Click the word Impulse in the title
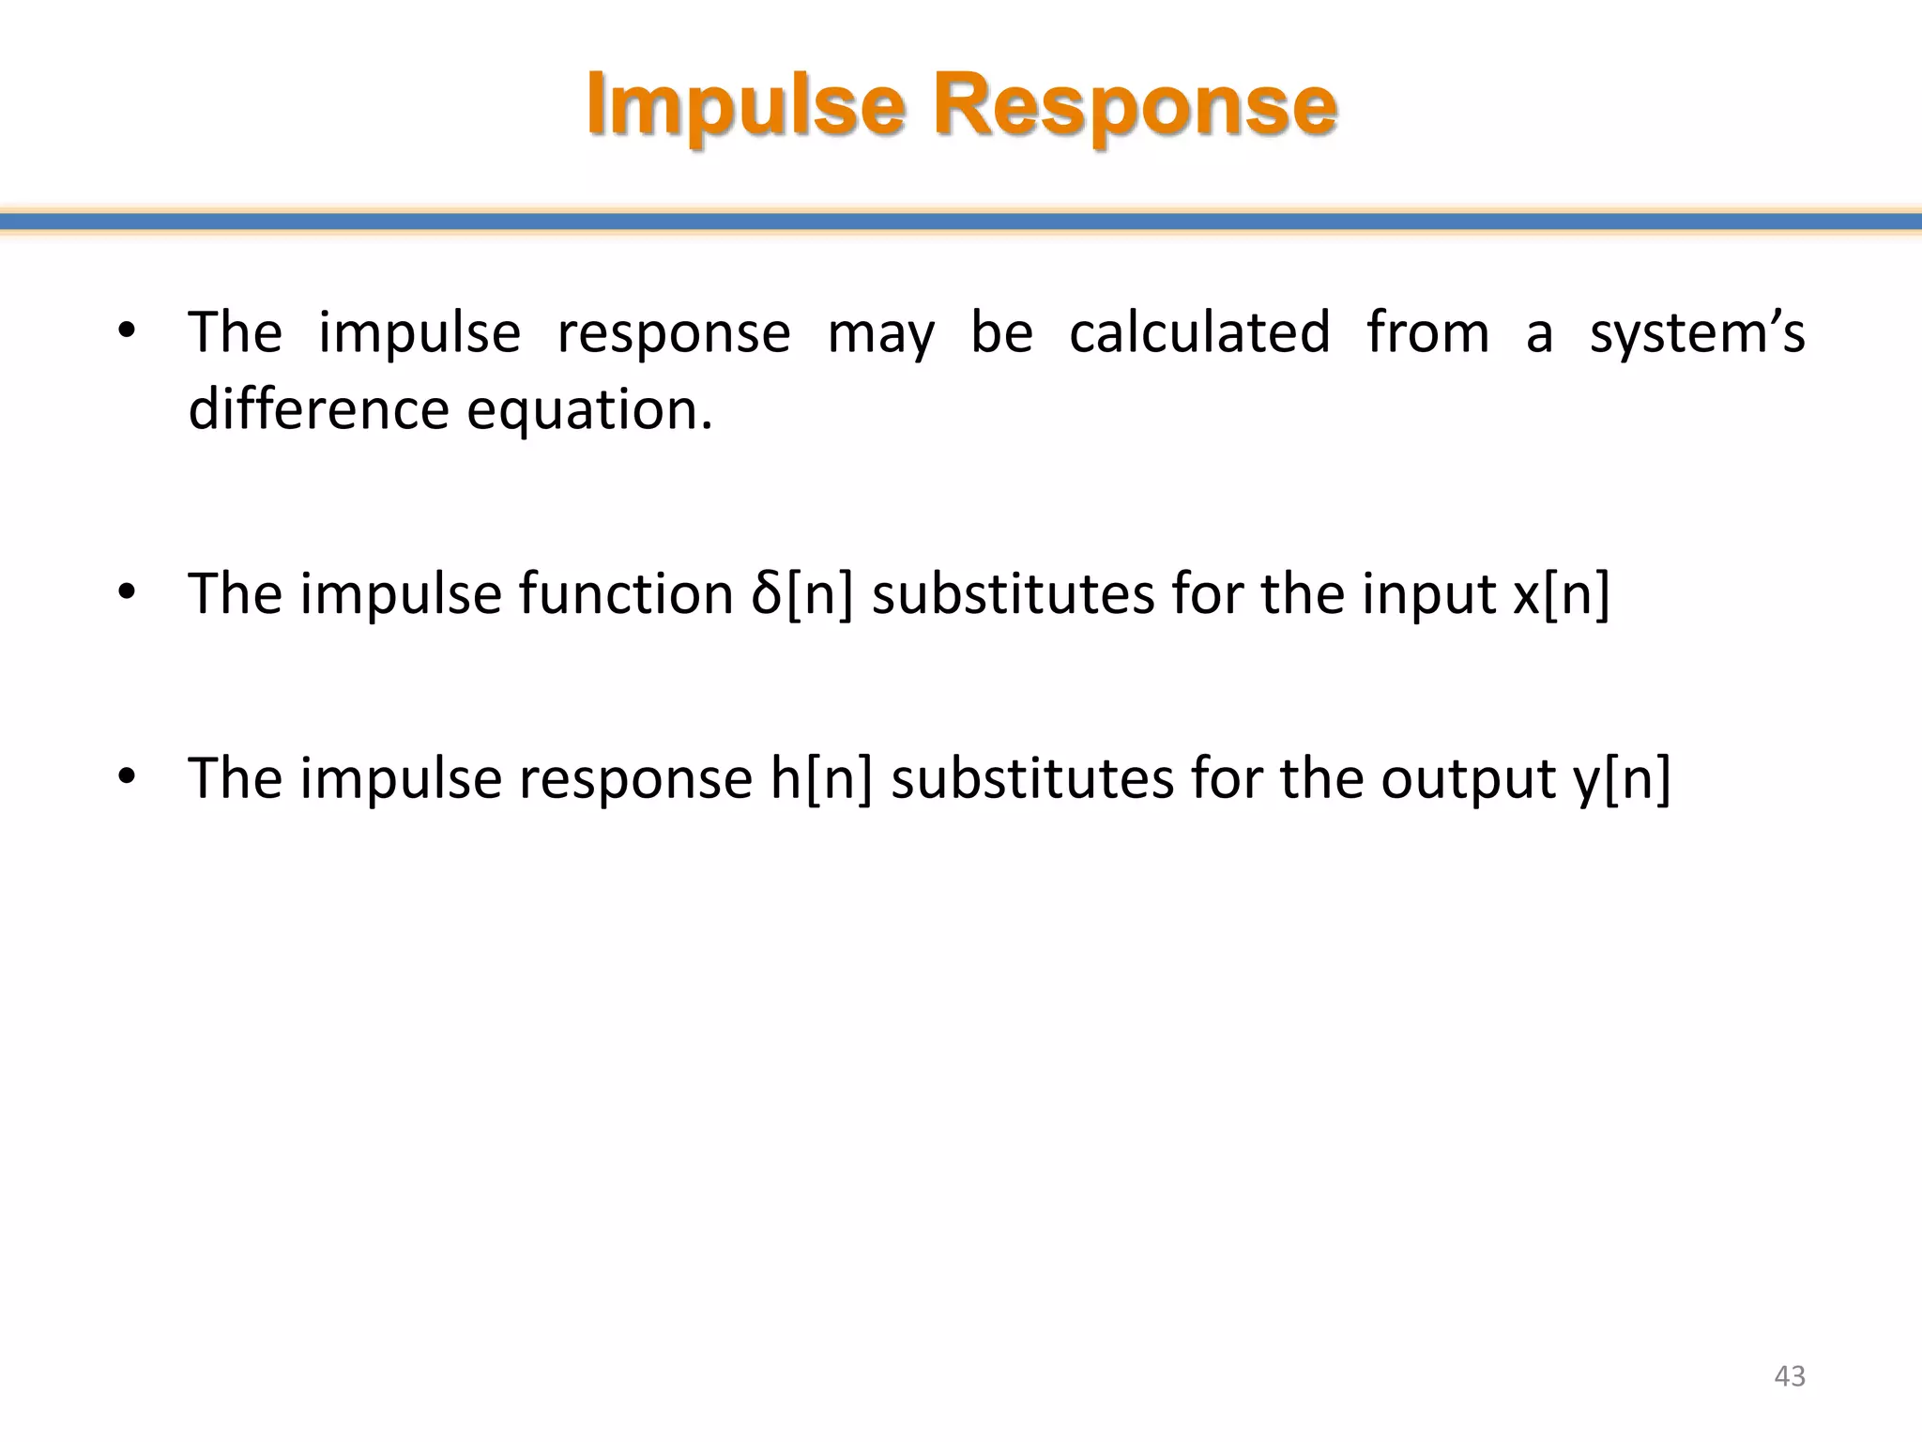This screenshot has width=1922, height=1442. coord(746,105)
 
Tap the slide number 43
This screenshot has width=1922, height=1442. coord(1790,1375)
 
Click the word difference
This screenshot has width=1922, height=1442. coord(318,409)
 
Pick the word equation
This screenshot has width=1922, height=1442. coord(589,411)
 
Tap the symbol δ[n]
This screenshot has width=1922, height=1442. coord(802,594)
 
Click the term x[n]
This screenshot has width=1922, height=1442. coord(1561,594)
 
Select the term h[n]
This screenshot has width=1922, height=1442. coord(821,778)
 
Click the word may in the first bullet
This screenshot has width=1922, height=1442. coord(880,334)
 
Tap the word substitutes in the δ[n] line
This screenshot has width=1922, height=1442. coord(1013,594)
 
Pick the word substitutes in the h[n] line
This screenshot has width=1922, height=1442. coord(1031,778)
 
